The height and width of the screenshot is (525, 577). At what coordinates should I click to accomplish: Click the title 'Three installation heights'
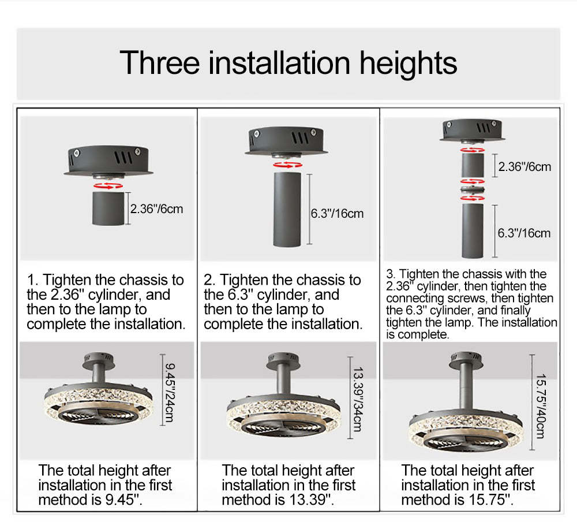coord(288,63)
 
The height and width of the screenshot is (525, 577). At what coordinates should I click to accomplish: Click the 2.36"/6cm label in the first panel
coord(156,209)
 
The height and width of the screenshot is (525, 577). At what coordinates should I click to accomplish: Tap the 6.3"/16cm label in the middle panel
coord(337,213)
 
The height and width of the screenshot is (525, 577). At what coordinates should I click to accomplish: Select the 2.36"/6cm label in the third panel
coord(524,166)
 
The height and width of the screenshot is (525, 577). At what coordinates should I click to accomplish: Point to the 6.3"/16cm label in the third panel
coord(524,233)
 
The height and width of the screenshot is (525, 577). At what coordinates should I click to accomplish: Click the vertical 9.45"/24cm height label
coord(170,392)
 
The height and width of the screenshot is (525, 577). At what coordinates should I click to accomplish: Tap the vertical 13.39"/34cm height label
coord(358,399)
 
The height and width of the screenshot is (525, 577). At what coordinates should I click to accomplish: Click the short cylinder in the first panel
coord(108,208)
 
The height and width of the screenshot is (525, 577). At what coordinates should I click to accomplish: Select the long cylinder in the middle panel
coord(287,209)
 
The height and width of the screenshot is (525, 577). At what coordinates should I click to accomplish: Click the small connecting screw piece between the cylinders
coord(473,190)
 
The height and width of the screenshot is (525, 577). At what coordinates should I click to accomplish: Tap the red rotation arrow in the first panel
coord(108,185)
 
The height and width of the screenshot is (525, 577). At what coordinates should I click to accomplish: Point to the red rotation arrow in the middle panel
coord(288,165)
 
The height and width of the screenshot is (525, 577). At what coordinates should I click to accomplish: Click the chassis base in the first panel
coord(108,161)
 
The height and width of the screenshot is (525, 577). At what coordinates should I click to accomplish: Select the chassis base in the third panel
coord(472,131)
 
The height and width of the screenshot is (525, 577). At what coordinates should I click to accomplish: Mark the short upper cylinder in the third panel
coord(473,165)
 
